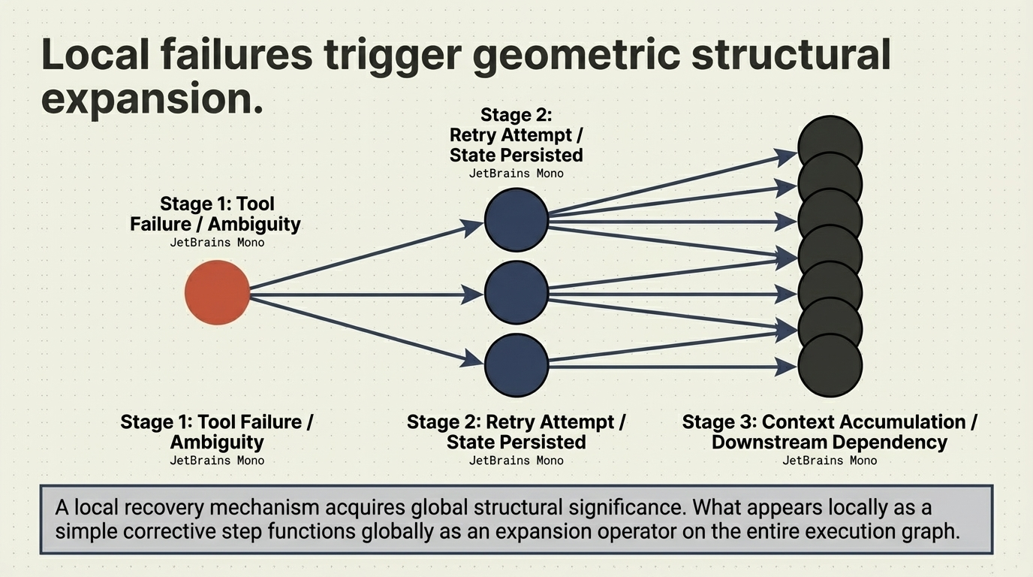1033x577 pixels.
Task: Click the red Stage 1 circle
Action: [217, 293]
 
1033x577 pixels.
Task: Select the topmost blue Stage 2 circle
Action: [516, 220]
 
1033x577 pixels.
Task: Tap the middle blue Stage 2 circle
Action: [516, 293]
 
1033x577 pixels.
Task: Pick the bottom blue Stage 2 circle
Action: [516, 364]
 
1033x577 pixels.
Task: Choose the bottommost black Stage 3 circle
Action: [830, 366]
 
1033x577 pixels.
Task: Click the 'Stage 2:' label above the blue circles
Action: [516, 115]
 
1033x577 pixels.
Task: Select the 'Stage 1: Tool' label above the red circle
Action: [217, 204]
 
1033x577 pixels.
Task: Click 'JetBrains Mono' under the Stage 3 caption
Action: [830, 461]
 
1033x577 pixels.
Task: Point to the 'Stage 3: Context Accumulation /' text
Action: [830, 422]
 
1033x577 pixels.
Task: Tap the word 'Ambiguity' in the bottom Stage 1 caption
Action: [217, 442]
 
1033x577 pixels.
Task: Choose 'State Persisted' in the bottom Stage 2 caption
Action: [516, 442]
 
